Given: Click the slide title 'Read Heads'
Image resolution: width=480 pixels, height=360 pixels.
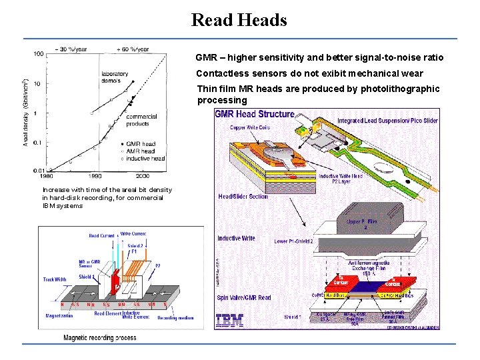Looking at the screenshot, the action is click(x=239, y=20).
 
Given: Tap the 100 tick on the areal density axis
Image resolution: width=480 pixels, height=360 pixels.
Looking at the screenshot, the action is click(x=39, y=53).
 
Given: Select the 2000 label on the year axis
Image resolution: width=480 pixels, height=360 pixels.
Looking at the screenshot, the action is click(x=142, y=176).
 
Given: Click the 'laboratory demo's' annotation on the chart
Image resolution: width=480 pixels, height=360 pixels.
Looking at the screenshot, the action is click(x=115, y=77).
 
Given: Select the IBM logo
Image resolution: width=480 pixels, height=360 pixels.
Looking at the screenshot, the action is click(x=229, y=319).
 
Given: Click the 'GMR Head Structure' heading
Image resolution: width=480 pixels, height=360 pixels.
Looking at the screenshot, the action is click(x=254, y=114).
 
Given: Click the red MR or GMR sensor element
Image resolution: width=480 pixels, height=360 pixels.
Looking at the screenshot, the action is click(x=115, y=279).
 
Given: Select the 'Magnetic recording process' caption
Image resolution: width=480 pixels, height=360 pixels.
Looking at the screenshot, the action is click(x=99, y=338).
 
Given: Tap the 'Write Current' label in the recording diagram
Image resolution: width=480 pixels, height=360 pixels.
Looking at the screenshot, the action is click(x=133, y=233).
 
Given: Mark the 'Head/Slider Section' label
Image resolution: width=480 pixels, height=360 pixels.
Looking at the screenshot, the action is click(x=243, y=196).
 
